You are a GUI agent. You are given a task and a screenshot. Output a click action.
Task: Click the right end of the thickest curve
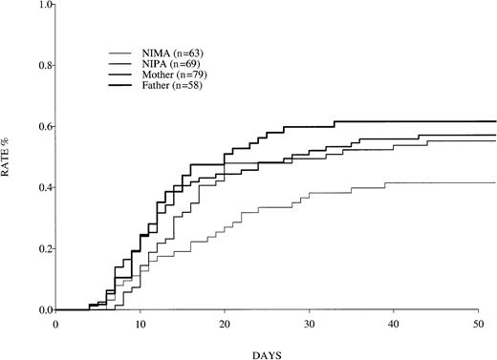495,121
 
